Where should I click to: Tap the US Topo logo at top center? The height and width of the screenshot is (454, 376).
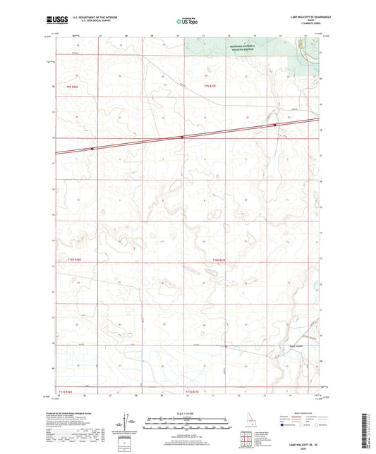pyautogui.click(x=187, y=22)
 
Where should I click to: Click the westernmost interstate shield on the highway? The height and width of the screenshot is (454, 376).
pyautogui.click(x=92, y=149)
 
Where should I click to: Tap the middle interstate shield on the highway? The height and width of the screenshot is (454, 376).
pyautogui.click(x=182, y=137)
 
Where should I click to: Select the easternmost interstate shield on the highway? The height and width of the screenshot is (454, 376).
pyautogui.click(x=275, y=125)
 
